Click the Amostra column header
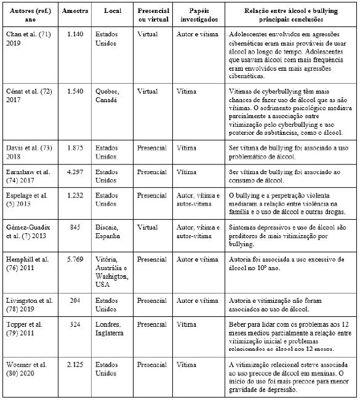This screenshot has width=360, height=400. [x=76, y=11]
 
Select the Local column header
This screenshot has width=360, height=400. [x=113, y=11]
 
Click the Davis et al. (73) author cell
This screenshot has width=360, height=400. [x=28, y=153]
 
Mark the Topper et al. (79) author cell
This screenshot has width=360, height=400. [x=27, y=328]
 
